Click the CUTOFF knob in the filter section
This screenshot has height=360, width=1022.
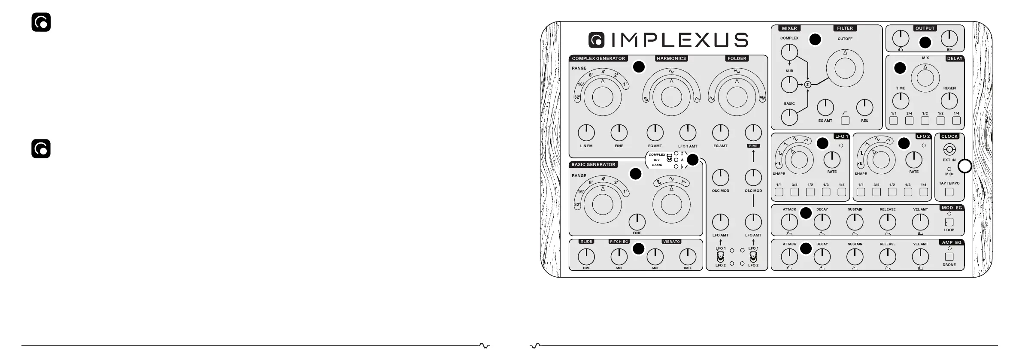point(845,69)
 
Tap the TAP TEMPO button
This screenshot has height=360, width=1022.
point(949,192)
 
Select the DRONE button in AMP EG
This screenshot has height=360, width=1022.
point(949,257)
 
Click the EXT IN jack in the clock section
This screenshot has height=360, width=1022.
point(949,150)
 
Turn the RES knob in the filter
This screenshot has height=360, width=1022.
point(864,108)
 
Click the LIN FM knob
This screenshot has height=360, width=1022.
point(586,133)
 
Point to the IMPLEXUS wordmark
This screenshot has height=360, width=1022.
point(668,40)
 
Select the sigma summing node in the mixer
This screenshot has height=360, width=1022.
point(808,85)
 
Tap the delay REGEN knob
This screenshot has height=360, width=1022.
point(949,101)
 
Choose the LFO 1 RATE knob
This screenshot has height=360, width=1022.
point(832,160)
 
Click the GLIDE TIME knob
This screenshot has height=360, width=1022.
point(586,257)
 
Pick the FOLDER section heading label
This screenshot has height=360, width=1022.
point(737,58)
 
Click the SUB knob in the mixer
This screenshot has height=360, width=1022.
point(789,85)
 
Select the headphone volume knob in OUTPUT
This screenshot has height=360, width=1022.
point(900,39)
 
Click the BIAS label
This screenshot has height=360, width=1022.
point(753,146)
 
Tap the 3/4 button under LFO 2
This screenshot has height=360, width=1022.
point(876,192)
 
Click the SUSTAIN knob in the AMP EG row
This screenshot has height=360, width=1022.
point(855,257)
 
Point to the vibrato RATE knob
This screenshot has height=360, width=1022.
point(688,257)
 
